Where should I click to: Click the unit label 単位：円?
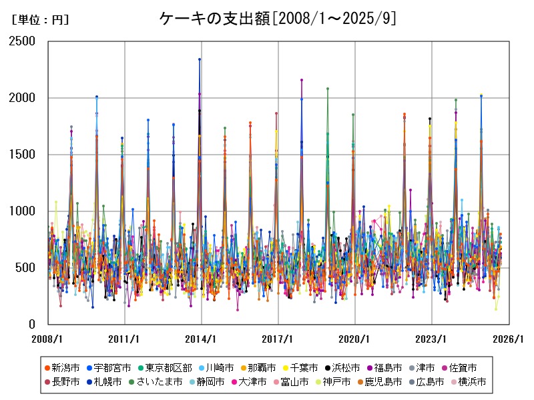(40, 20)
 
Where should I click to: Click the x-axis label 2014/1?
(202, 339)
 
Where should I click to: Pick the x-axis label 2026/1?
(509, 339)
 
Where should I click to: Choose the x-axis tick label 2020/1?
(355, 339)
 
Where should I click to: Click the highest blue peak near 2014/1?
(199, 59)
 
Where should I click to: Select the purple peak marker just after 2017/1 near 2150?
(302, 80)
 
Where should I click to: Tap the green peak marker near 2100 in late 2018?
(327, 89)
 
